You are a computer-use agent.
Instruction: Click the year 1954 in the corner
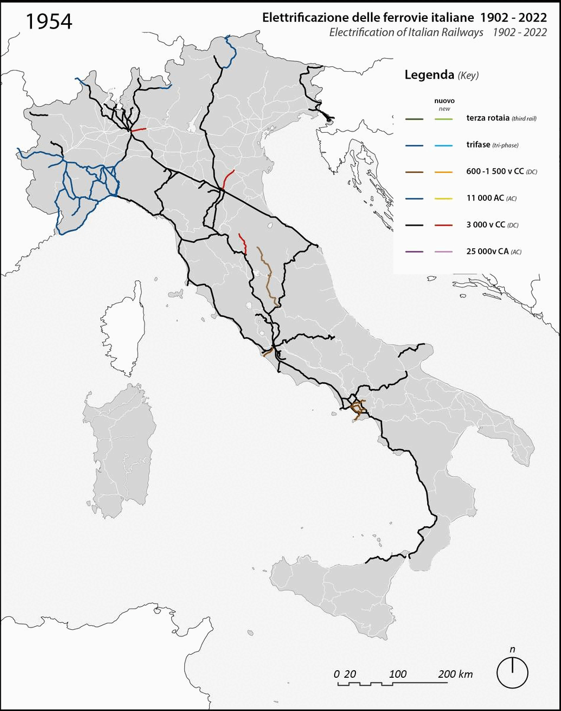tap(49, 21)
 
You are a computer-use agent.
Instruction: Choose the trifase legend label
tap(478, 146)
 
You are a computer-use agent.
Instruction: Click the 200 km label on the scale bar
tap(456, 674)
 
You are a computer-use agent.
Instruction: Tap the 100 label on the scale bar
tap(399, 674)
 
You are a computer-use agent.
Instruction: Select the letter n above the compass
tap(512, 649)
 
